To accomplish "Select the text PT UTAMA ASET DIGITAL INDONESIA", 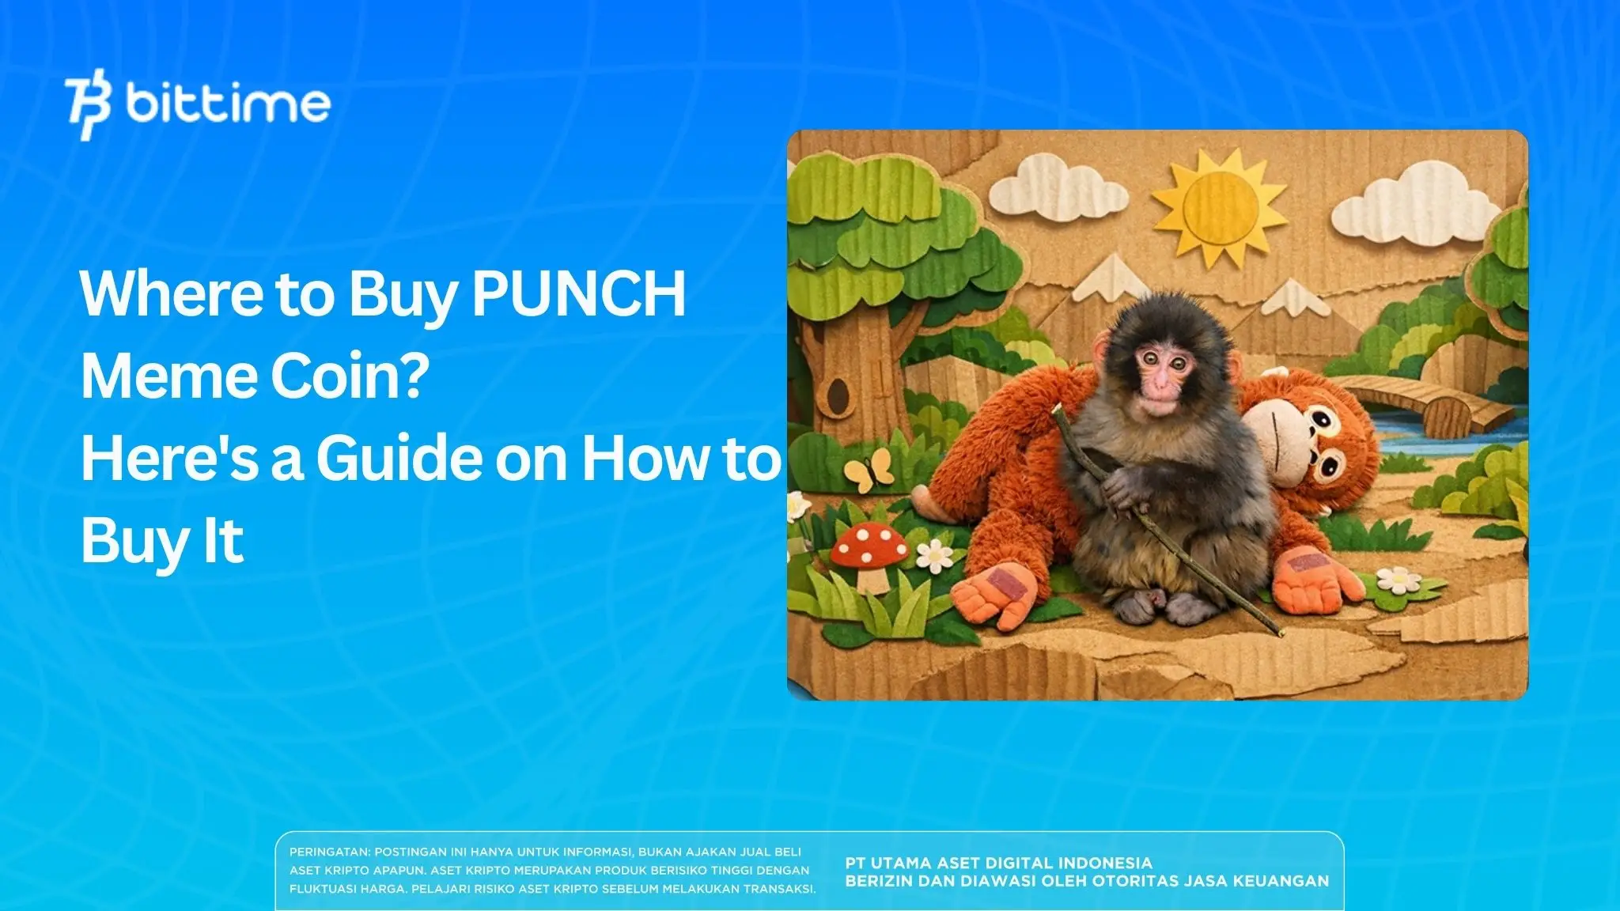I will (x=998, y=863).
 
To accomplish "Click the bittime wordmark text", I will (x=228, y=104).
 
